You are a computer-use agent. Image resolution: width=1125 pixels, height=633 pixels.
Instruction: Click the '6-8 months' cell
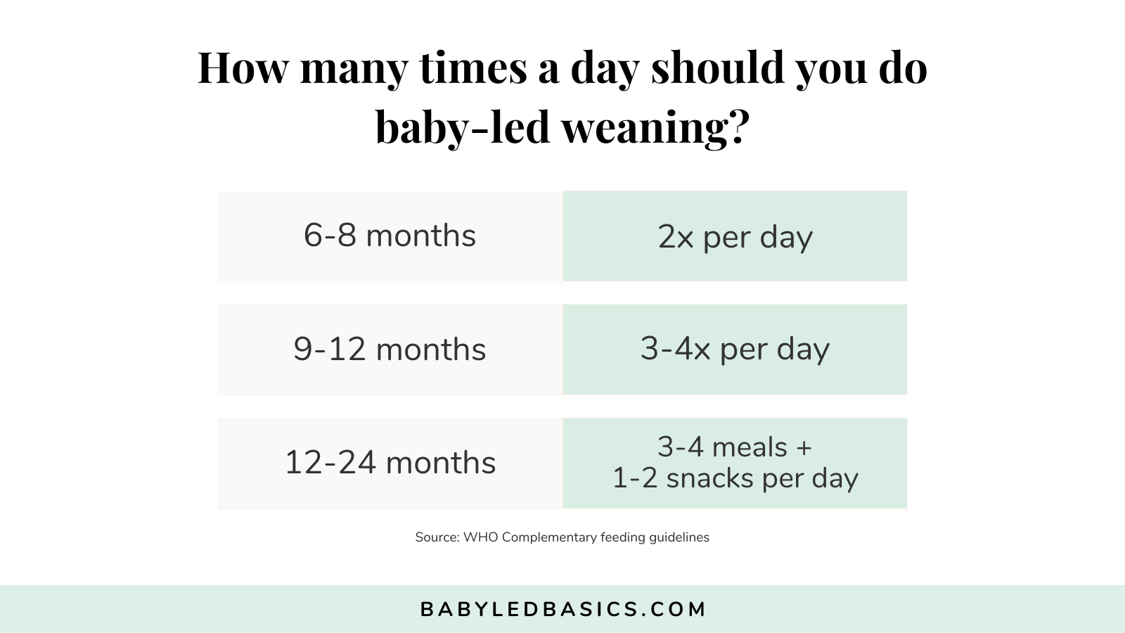pos(390,236)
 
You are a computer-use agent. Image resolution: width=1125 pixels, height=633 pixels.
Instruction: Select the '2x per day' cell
pos(735,237)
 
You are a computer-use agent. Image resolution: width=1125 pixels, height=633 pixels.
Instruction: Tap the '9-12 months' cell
pos(390,350)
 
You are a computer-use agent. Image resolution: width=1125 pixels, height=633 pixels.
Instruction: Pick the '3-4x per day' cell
pos(735,350)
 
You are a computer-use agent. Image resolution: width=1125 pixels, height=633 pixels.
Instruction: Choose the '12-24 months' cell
pos(390,463)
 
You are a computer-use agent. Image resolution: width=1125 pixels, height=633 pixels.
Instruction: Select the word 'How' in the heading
pos(243,68)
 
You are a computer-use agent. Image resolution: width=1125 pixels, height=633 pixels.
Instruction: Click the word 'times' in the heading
pos(472,68)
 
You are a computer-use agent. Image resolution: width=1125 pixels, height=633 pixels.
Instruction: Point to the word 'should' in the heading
pos(717,68)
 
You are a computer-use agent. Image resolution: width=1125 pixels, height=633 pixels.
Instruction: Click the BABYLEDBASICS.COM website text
pos(562,609)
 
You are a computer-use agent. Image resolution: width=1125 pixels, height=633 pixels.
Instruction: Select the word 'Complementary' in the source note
pos(549,537)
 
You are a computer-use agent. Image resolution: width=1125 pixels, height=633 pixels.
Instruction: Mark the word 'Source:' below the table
pos(437,537)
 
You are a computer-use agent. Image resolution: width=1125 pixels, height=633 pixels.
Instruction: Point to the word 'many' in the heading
pos(354,68)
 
